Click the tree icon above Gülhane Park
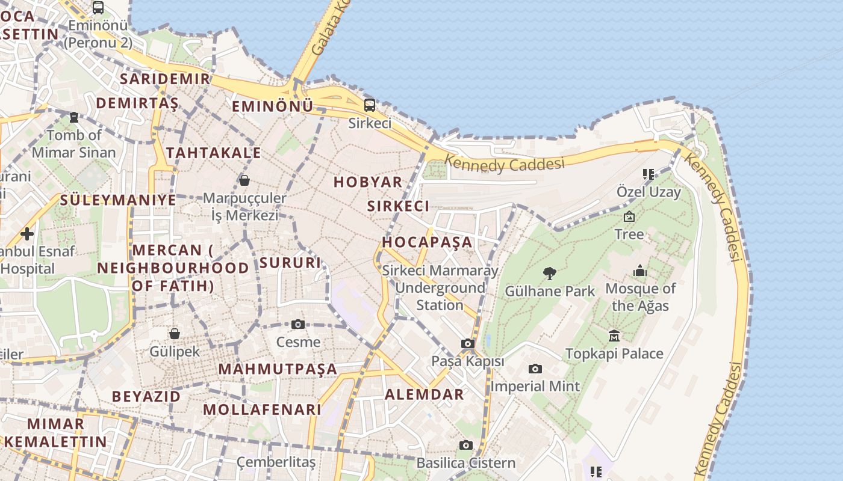tap(549, 274)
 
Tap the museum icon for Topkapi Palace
tap(614, 335)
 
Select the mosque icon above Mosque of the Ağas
tap(640, 271)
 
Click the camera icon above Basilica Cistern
tap(465, 445)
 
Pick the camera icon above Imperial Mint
tap(535, 369)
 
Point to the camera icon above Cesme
tap(298, 325)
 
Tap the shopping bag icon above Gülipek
tap(174, 334)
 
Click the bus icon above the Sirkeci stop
tap(370, 105)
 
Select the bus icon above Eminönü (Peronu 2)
tap(98, 8)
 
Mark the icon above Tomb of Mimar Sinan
tap(74, 117)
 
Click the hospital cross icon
tap(26, 233)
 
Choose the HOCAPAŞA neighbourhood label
tap(427, 242)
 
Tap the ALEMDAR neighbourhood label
tap(425, 394)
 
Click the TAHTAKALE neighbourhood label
tap(214, 153)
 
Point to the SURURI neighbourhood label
tap(290, 263)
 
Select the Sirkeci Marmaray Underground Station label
tap(440, 288)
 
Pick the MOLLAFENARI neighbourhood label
tap(262, 409)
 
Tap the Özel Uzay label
tap(649, 192)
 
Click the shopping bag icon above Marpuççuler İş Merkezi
tap(244, 180)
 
